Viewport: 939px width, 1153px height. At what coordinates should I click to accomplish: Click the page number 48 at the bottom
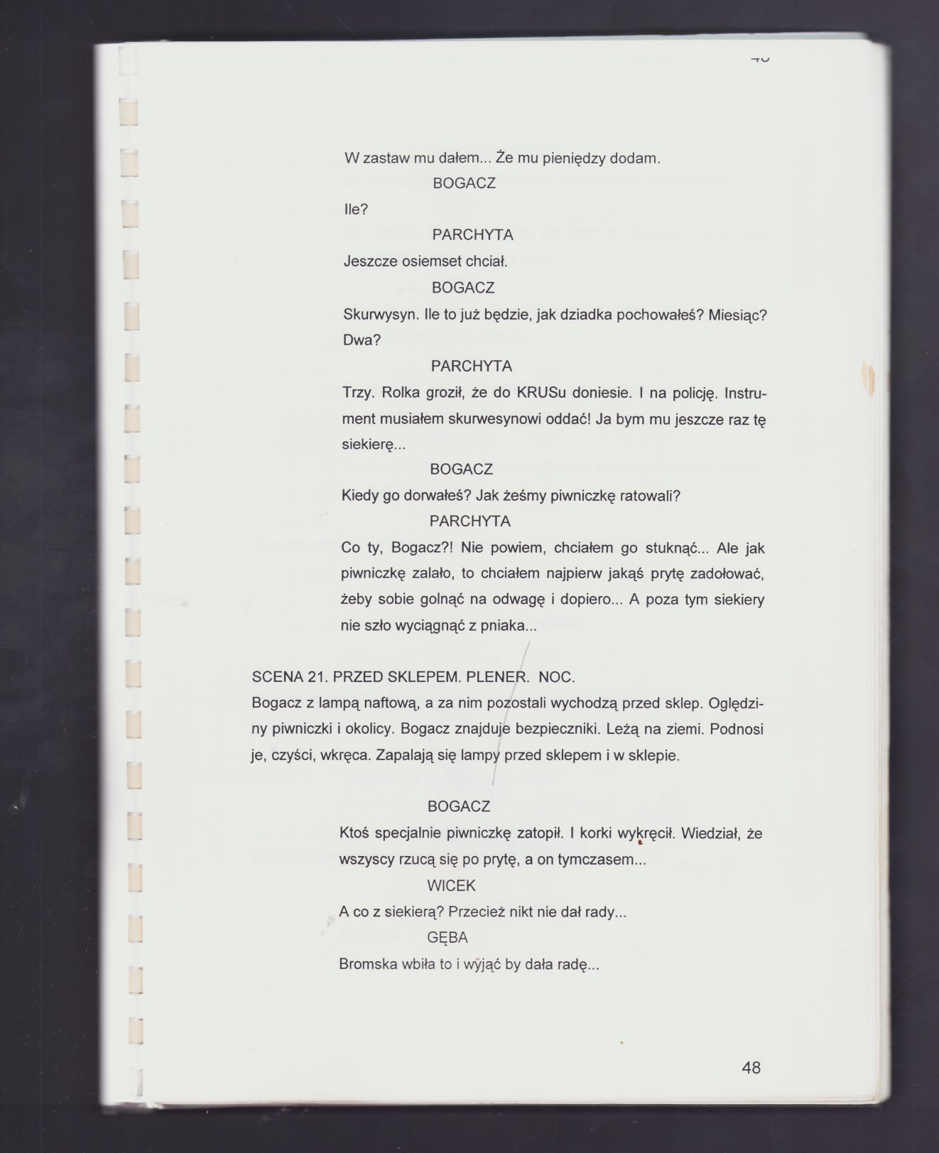(x=750, y=1067)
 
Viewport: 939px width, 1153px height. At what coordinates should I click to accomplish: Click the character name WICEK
(x=451, y=885)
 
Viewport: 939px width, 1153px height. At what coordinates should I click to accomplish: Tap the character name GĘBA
(x=447, y=937)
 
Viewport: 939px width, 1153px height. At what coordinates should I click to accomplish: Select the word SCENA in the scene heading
(x=278, y=676)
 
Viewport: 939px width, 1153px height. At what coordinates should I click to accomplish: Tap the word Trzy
(x=357, y=392)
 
